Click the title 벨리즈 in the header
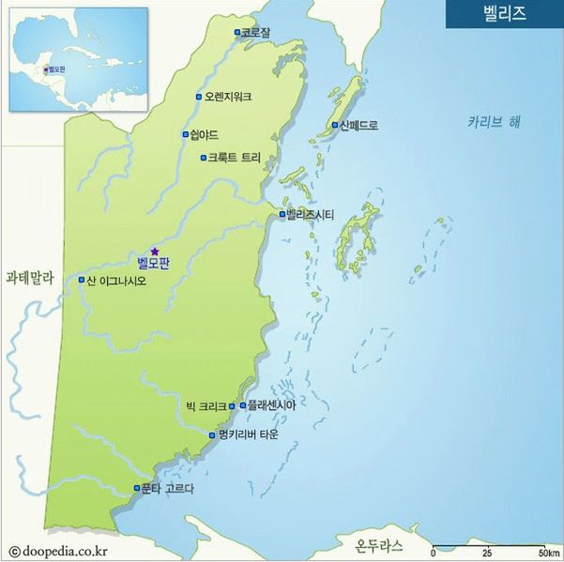pos(503,13)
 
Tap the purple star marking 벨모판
pos(155,251)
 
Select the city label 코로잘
pos(256,32)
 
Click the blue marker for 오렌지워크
pos(199,97)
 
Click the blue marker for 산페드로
pos(335,125)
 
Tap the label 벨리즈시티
pos(311,214)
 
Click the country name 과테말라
pos(31,278)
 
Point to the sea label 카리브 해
pos(495,122)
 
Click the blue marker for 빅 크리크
pos(232,406)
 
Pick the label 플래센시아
pos(271,405)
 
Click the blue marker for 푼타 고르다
pos(137,488)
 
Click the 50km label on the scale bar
pos(549,551)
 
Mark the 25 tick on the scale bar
pos(487,551)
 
